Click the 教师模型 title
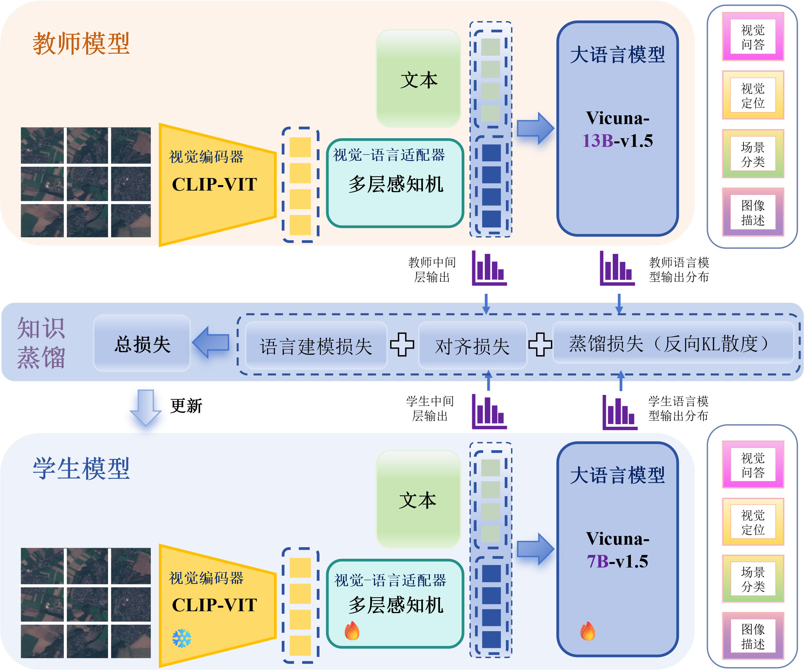[x=81, y=43]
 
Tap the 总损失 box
[x=142, y=344]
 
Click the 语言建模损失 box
[x=316, y=345]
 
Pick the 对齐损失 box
[x=472, y=345]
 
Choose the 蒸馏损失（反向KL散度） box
[x=673, y=343]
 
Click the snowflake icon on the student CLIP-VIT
[x=181, y=638]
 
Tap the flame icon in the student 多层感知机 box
[x=352, y=630]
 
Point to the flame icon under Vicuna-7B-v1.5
[x=588, y=630]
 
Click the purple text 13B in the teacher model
[x=598, y=141]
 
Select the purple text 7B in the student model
[x=598, y=561]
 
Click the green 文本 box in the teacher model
[x=418, y=79]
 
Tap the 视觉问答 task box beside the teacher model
[x=753, y=37]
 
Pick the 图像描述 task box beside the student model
[x=753, y=636]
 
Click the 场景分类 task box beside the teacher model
[x=753, y=154]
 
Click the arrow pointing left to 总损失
[x=211, y=343]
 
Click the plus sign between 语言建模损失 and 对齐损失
[x=402, y=344]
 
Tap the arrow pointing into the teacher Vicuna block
[x=535, y=128]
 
